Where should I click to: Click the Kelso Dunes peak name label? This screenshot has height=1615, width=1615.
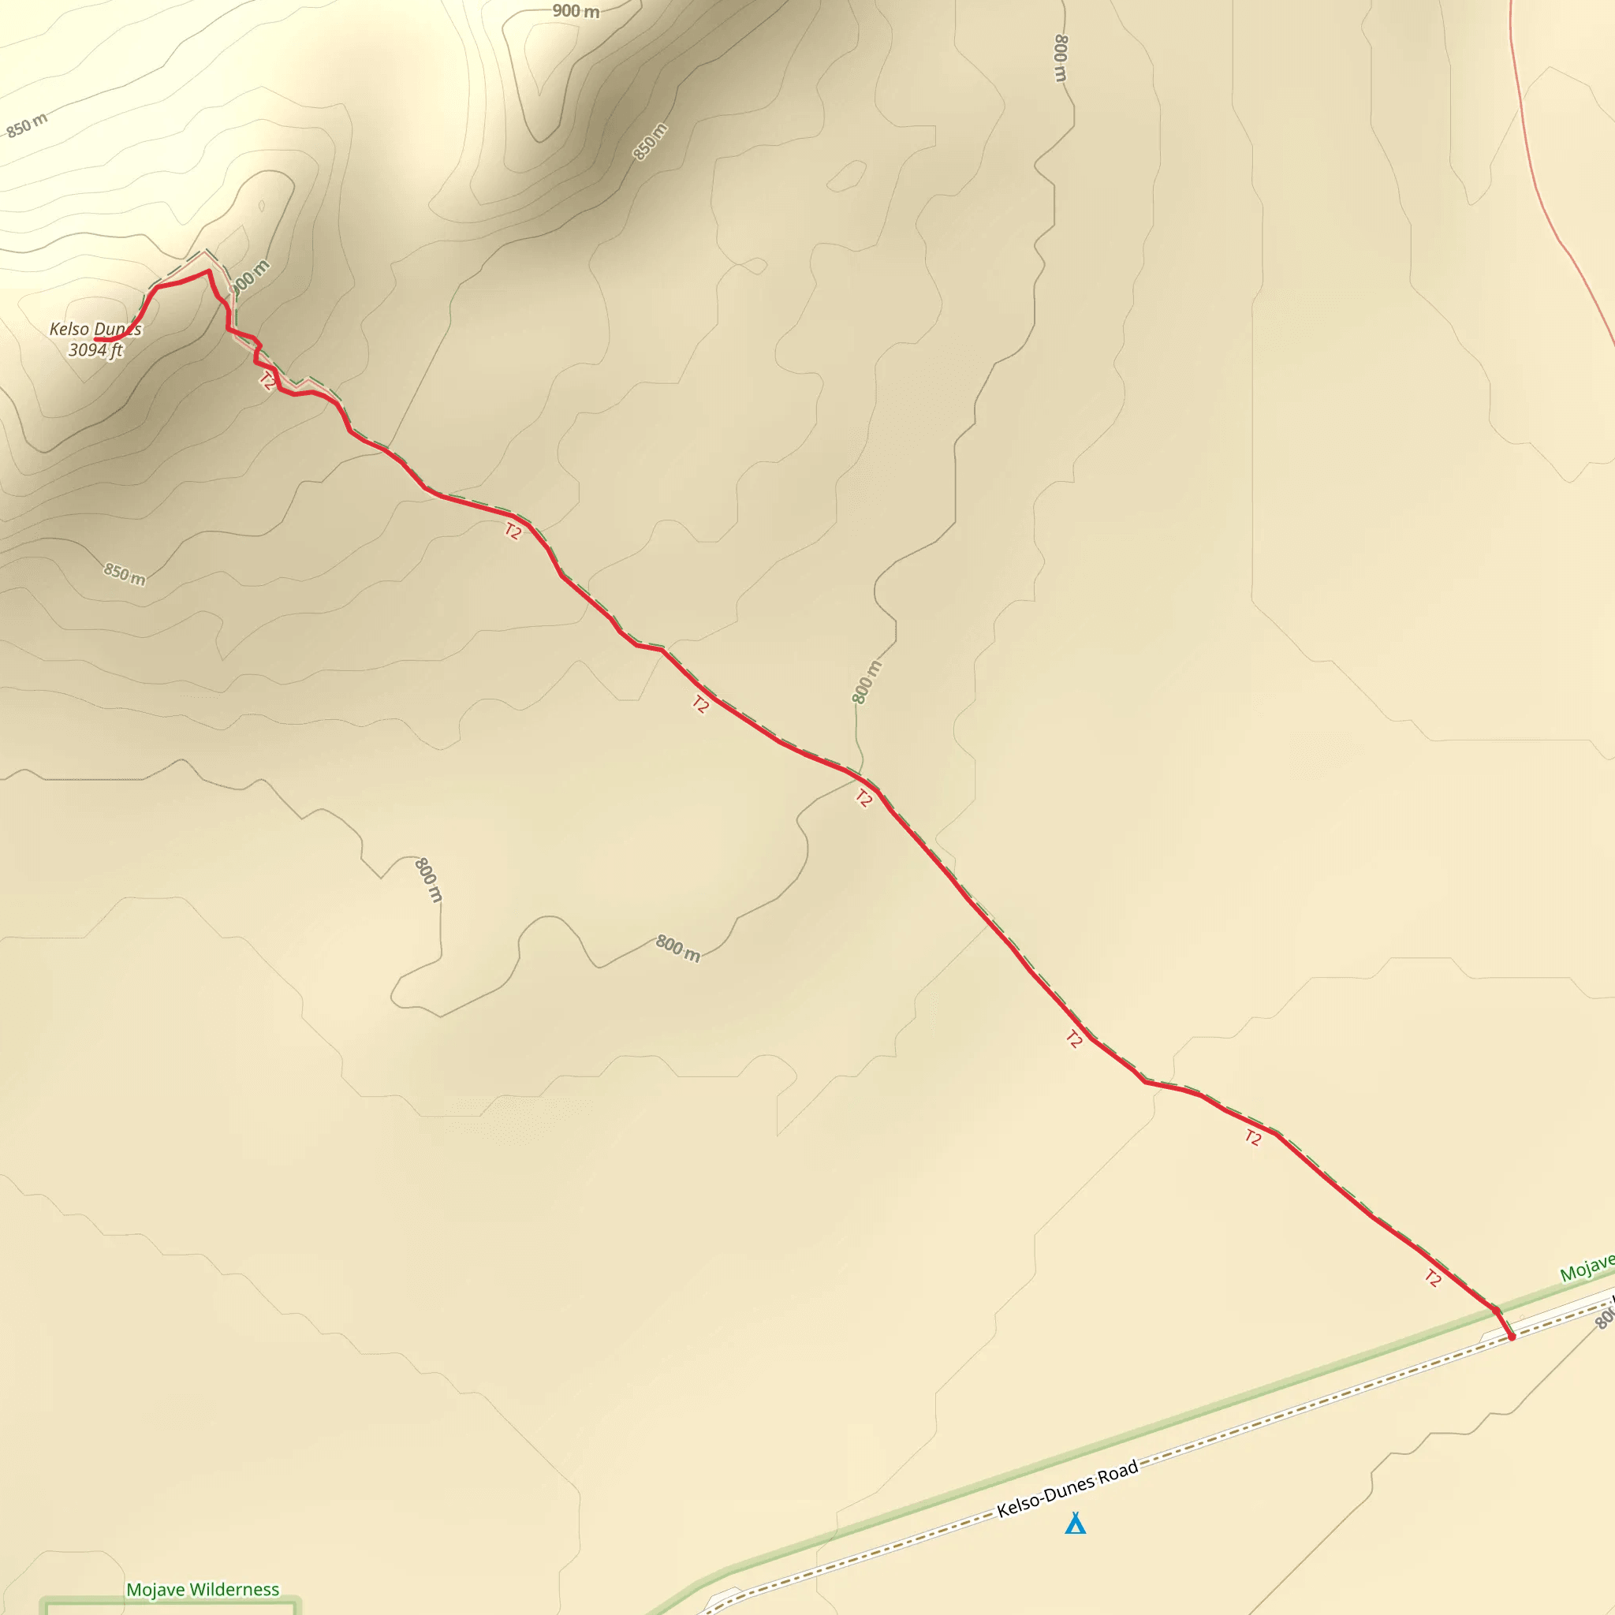click(x=95, y=329)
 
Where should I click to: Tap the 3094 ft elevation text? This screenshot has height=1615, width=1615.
click(x=95, y=349)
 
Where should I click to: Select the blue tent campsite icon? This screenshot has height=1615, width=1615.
click(x=1075, y=1523)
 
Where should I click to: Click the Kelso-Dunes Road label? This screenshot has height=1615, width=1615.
click(x=1068, y=1489)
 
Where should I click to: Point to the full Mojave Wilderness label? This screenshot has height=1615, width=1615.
click(x=203, y=1589)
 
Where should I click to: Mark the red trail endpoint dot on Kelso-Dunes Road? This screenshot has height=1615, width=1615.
click(x=1512, y=1337)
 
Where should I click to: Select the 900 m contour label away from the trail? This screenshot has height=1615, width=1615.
click(x=576, y=11)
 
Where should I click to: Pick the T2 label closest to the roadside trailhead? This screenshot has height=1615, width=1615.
click(x=1433, y=1277)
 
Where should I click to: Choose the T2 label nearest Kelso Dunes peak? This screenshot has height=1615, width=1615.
click(x=267, y=381)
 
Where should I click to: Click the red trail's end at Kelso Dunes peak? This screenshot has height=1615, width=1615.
click(x=97, y=339)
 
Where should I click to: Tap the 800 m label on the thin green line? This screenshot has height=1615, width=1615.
click(x=866, y=682)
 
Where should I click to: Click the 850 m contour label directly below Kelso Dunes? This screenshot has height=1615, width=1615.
click(x=124, y=573)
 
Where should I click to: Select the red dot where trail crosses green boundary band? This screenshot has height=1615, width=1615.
click(x=1495, y=1311)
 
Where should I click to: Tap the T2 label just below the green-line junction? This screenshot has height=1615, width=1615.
click(x=863, y=798)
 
